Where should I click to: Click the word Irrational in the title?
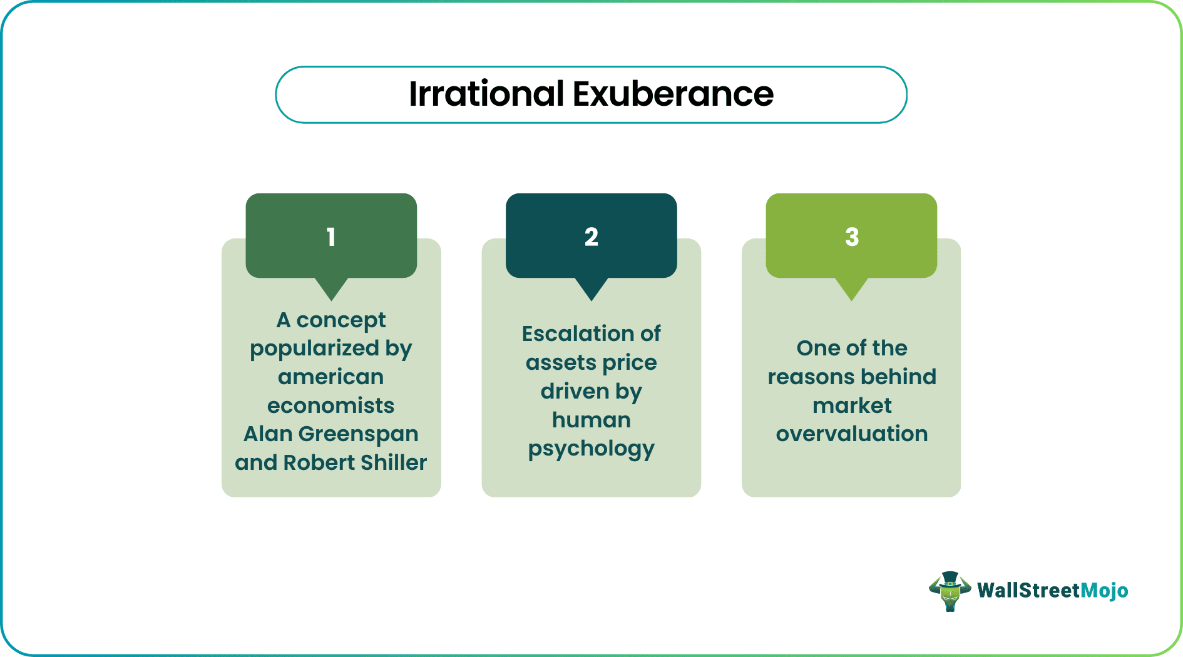point(486,94)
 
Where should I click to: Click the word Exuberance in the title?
point(673,94)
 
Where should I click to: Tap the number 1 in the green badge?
point(331,237)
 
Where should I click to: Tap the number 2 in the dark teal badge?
point(591,237)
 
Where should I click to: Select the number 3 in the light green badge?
point(851,237)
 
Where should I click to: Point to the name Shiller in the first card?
point(394,462)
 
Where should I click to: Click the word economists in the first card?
point(330,405)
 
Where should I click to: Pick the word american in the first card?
point(330,377)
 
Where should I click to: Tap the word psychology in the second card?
point(591,449)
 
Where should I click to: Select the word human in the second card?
point(591,420)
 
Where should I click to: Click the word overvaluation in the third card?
point(851,434)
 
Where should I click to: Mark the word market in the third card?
point(851,405)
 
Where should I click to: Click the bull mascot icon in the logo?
point(950,591)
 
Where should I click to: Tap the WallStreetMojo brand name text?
point(1052,591)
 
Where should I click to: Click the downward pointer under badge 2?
point(591,288)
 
